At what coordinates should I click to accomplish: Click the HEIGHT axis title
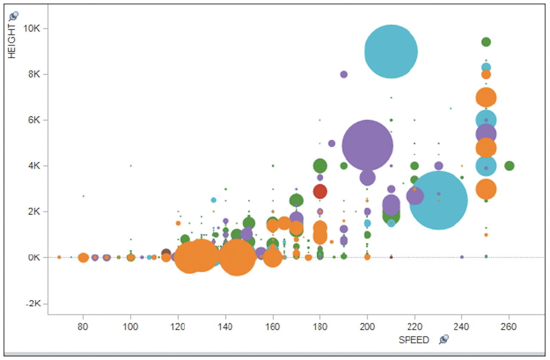(x=12, y=41)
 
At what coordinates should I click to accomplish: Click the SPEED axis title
(x=414, y=340)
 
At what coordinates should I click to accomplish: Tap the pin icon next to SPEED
(x=444, y=340)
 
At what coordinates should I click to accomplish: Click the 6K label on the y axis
(x=34, y=120)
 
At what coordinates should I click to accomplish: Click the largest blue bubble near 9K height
(x=391, y=52)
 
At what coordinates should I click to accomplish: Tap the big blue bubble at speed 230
(x=438, y=200)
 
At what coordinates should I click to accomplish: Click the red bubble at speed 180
(x=320, y=191)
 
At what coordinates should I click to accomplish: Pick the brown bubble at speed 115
(x=166, y=253)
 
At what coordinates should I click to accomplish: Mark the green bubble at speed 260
(x=509, y=165)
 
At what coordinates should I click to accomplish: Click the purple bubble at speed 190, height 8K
(x=344, y=74)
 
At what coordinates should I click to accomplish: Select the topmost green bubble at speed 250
(x=486, y=42)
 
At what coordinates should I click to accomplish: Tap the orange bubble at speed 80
(x=83, y=258)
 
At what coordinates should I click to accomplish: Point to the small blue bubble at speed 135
(x=214, y=200)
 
